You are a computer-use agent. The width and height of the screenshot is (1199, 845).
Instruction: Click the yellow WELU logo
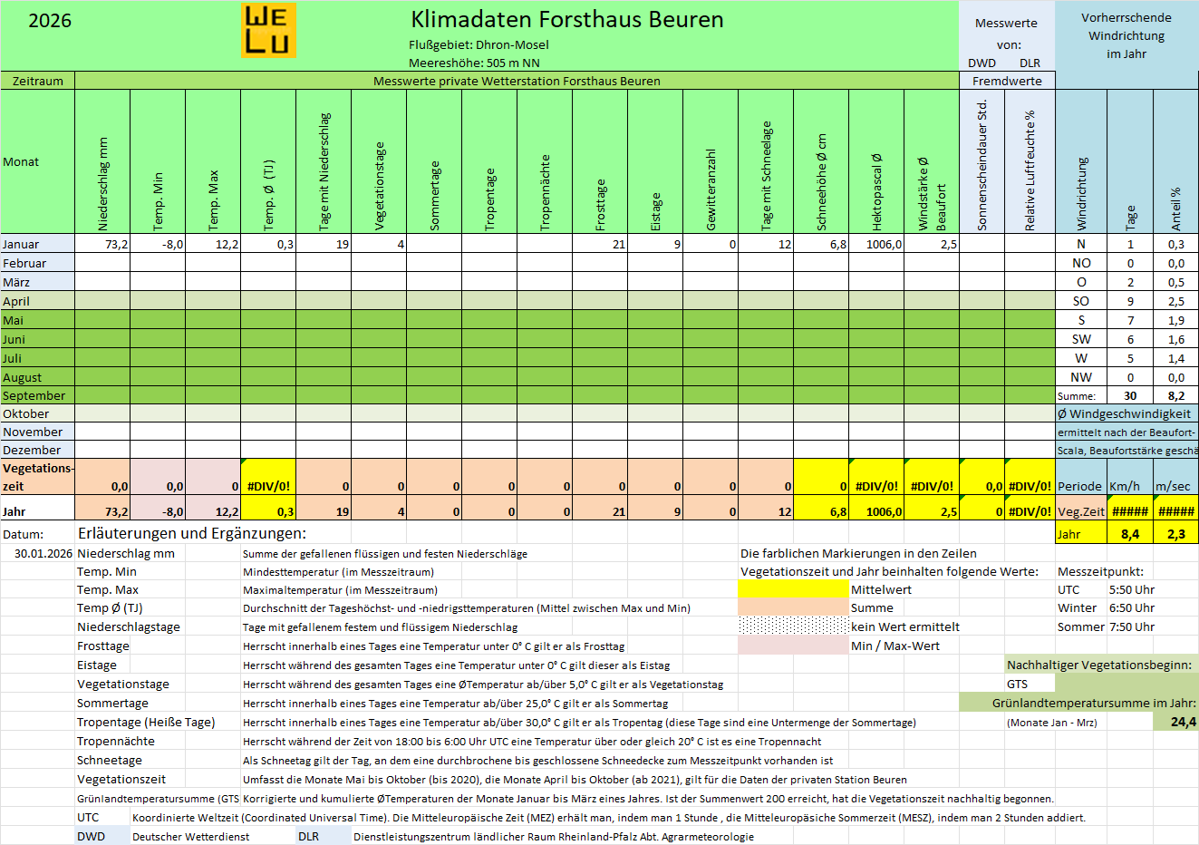[x=268, y=30]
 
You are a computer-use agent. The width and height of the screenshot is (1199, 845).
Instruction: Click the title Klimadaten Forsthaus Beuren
[x=566, y=20]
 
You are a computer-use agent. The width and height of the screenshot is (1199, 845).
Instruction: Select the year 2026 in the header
[x=50, y=21]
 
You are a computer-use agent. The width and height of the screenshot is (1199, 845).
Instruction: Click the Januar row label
[x=21, y=244]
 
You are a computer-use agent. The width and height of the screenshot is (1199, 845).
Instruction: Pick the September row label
[x=34, y=395]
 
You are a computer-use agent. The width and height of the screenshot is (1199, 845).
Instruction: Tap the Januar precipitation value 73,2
[x=116, y=244]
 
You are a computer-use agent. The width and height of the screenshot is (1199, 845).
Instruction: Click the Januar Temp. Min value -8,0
[x=172, y=244]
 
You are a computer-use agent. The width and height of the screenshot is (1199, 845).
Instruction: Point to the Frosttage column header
[x=600, y=204]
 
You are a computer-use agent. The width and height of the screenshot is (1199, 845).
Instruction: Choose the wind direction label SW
[x=1081, y=339]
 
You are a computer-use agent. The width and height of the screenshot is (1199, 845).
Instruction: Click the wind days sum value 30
[x=1130, y=395]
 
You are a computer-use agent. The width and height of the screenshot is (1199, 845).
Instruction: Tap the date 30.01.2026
[x=44, y=553]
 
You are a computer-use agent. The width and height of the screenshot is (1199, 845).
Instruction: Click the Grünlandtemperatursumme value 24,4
[x=1183, y=722]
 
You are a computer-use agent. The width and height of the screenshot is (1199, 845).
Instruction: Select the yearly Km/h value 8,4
[x=1130, y=534]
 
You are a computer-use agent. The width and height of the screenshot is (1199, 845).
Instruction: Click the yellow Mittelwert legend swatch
[x=793, y=589]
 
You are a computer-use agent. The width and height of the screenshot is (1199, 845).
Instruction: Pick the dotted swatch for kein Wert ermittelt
[x=793, y=626]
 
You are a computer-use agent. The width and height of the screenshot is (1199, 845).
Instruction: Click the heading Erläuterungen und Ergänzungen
[x=192, y=533]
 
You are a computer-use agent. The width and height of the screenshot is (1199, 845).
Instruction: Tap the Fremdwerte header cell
[x=1007, y=81]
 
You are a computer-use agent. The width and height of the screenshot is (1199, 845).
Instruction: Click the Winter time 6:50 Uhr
[x=1131, y=607]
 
